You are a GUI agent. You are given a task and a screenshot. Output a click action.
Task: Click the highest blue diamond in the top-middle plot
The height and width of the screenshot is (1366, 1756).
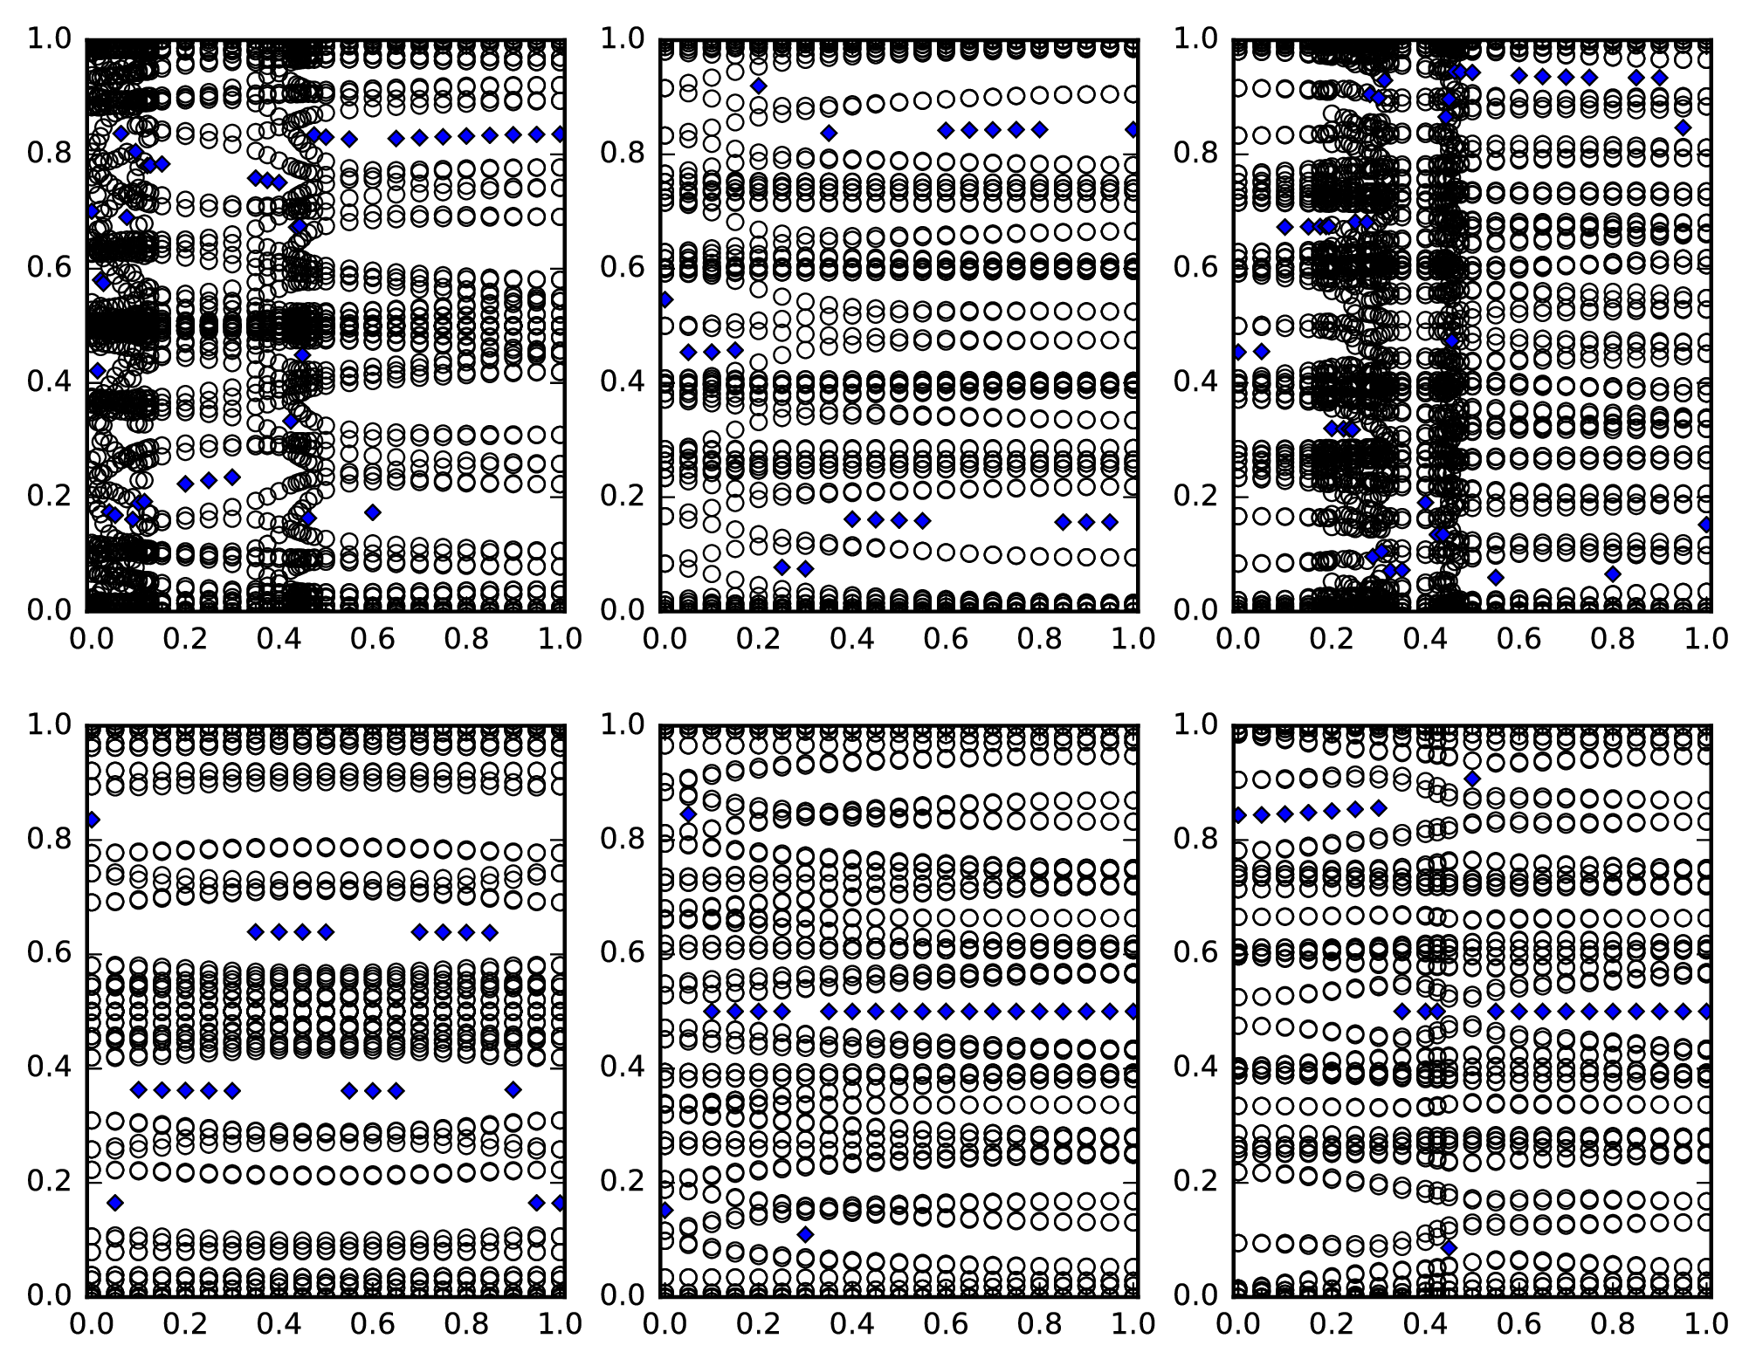(x=759, y=86)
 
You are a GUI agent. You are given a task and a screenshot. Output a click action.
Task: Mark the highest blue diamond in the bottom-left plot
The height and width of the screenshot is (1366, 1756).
(x=91, y=820)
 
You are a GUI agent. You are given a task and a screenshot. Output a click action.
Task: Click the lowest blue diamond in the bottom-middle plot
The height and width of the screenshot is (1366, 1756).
(x=805, y=1234)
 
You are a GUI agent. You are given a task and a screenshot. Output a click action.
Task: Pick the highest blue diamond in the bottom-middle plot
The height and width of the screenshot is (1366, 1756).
(x=688, y=813)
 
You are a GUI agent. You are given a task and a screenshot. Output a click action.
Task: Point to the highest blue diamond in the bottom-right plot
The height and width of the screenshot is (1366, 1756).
(x=1473, y=779)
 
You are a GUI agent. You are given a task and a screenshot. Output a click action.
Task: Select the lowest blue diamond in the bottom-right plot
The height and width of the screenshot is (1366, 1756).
(x=1450, y=1248)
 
